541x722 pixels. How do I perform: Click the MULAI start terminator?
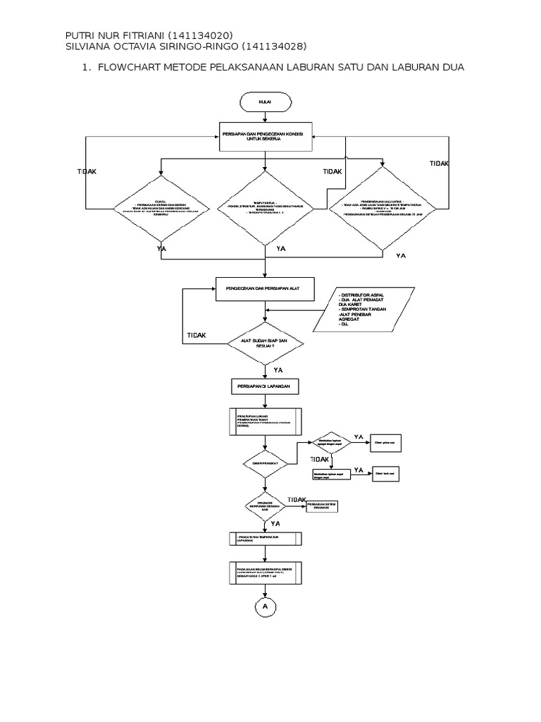(x=266, y=102)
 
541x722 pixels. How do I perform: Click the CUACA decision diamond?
(x=161, y=209)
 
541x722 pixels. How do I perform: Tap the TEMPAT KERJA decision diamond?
(x=265, y=209)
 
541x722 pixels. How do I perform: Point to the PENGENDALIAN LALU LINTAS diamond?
(x=383, y=209)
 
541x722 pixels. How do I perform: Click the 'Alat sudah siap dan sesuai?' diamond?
(x=265, y=343)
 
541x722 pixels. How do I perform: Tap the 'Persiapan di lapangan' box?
(x=265, y=386)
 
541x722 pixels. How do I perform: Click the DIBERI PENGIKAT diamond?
(x=265, y=463)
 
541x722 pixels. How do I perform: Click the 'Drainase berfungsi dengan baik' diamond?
(x=265, y=507)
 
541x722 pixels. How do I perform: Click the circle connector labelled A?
(x=265, y=606)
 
